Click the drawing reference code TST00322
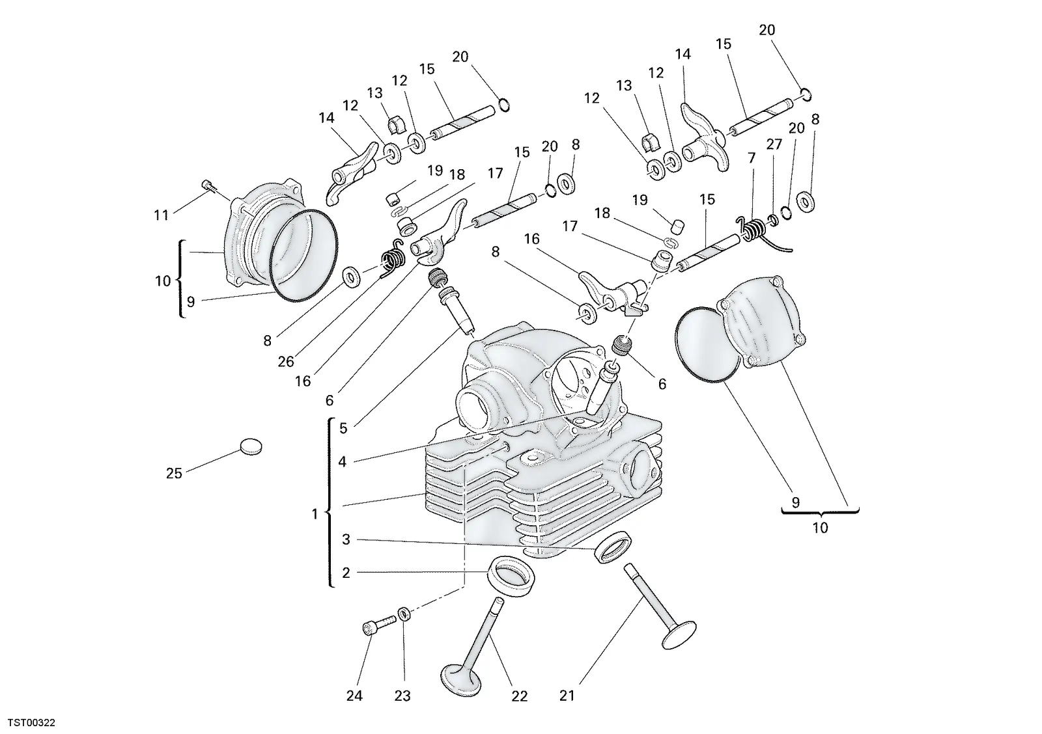coord(32,723)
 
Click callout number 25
coord(174,473)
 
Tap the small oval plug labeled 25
coord(251,446)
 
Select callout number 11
coord(161,215)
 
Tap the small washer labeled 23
coord(404,614)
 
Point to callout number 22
coord(520,696)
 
